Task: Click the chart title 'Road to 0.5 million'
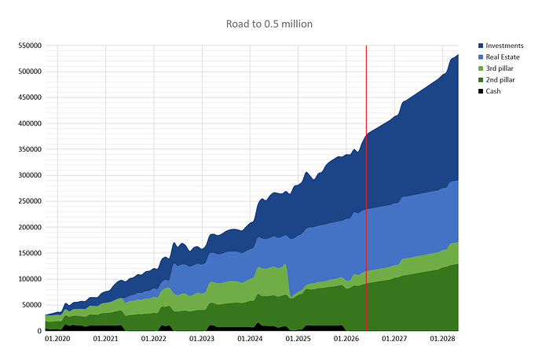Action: coord(269,24)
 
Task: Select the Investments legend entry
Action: coord(501,46)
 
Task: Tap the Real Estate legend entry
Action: coord(499,57)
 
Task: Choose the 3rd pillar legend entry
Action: coord(496,68)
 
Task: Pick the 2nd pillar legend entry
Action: coord(496,80)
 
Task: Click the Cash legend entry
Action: coord(489,91)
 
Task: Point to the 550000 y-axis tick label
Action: coord(30,46)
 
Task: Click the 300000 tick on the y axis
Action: coord(30,175)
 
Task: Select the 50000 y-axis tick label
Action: coord(31,305)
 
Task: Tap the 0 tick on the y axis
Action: coord(39,331)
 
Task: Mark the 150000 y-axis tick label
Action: coord(30,253)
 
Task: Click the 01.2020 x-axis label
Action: coord(57,339)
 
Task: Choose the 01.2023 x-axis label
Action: coord(202,339)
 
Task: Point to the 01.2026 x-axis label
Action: coord(346,339)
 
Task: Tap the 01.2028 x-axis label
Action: coord(442,339)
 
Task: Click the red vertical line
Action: coord(366,188)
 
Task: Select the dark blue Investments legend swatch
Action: coord(481,46)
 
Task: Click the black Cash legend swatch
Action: coord(481,91)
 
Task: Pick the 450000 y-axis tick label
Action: coord(30,97)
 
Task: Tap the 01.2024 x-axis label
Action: coord(250,339)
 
